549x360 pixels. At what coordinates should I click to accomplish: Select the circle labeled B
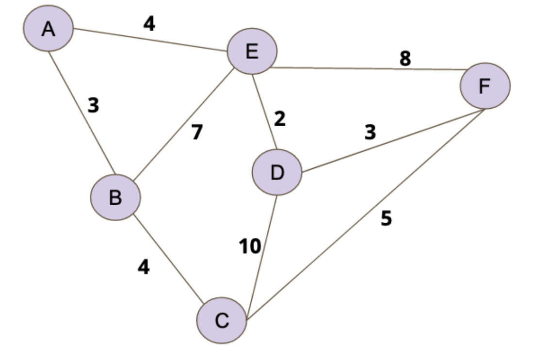(115, 197)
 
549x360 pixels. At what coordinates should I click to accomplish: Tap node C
(221, 320)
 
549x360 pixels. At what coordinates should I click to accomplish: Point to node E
(252, 51)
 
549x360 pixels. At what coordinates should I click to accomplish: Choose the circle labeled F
(485, 86)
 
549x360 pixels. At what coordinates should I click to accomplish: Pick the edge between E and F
(369, 68)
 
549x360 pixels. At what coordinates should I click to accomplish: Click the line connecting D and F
(393, 141)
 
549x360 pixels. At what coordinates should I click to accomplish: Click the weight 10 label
(250, 246)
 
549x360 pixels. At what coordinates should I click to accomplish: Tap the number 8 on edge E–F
(404, 58)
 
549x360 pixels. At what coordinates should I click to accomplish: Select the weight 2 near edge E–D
(279, 118)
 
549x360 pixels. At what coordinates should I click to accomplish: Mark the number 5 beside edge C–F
(386, 218)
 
